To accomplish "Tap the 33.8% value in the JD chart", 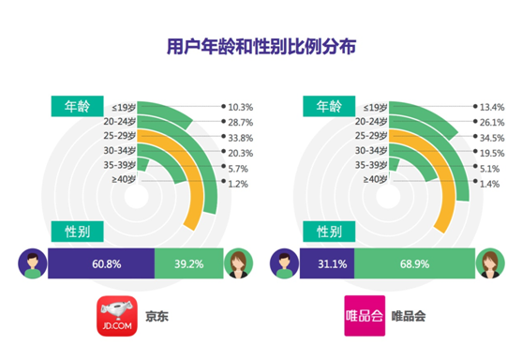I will pyautogui.click(x=240, y=138).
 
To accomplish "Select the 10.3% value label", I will pyautogui.click(x=240, y=107).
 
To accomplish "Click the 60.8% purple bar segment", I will pyautogui.click(x=100, y=263).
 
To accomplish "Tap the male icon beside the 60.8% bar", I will pyautogui.click(x=30, y=262).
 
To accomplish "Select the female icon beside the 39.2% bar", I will pyautogui.click(x=238, y=262).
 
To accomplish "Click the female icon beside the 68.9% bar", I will pyautogui.click(x=488, y=262).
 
